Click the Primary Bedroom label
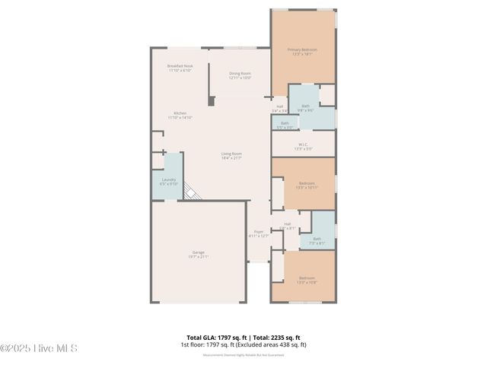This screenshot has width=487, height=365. tap(302, 52)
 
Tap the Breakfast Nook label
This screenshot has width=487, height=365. tap(180, 68)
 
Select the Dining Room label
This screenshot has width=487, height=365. tap(240, 75)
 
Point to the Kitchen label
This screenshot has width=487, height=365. tap(180, 115)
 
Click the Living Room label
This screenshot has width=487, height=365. tap(231, 156)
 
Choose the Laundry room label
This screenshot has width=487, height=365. tap(168, 181)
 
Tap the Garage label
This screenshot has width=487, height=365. tap(198, 254)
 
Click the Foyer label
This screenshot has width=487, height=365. tap(259, 233)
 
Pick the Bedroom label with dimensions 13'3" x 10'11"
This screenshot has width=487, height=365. tap(306, 185)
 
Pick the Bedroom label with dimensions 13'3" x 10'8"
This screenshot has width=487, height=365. tap(306, 279)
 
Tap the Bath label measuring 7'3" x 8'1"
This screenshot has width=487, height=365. tap(316, 242)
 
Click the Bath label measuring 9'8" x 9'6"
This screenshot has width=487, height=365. tap(305, 108)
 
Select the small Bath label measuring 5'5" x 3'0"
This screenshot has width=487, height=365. tap(285, 125)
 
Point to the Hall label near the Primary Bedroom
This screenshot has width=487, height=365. tap(279, 108)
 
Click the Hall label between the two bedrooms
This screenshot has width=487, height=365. tap(287, 225)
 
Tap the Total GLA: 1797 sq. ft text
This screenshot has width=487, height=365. tap(214, 337)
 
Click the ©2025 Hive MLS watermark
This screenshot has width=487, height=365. tap(40, 349)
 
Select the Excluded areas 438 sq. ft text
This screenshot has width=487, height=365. tap(274, 344)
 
